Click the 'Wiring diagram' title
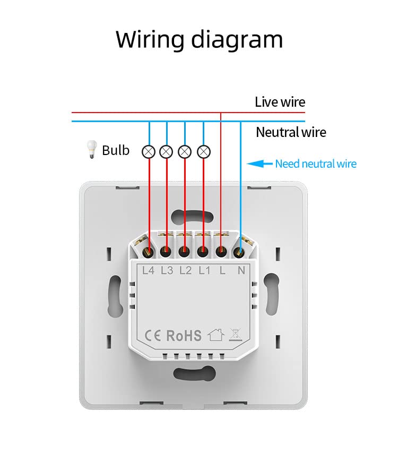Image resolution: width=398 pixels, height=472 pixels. point(199,40)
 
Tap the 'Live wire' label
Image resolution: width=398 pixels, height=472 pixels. point(280,102)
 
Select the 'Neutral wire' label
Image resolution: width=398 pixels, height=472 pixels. point(291,132)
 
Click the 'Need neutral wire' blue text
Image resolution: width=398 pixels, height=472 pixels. point(316,164)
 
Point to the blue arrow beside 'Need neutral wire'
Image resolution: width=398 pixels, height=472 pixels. point(259,164)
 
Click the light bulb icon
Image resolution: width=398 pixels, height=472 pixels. point(91,149)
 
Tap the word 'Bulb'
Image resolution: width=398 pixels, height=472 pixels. point(116,150)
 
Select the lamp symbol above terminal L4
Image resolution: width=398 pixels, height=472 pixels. point(149,152)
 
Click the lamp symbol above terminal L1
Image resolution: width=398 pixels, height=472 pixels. point(204,152)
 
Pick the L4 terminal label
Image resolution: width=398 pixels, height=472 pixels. point(148,271)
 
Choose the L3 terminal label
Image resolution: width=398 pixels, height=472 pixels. point(167,271)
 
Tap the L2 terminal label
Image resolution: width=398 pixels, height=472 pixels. point(186,271)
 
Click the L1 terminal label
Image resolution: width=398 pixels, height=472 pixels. point(204,271)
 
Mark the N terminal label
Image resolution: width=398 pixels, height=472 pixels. point(241,271)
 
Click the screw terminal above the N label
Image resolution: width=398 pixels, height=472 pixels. point(239,252)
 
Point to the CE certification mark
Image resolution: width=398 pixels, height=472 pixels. point(153,336)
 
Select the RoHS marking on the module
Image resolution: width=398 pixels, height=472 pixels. point(184,336)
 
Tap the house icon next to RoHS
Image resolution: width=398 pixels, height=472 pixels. point(216,334)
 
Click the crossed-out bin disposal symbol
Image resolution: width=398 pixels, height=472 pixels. point(235,334)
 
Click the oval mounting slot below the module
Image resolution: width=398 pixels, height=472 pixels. point(194,373)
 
